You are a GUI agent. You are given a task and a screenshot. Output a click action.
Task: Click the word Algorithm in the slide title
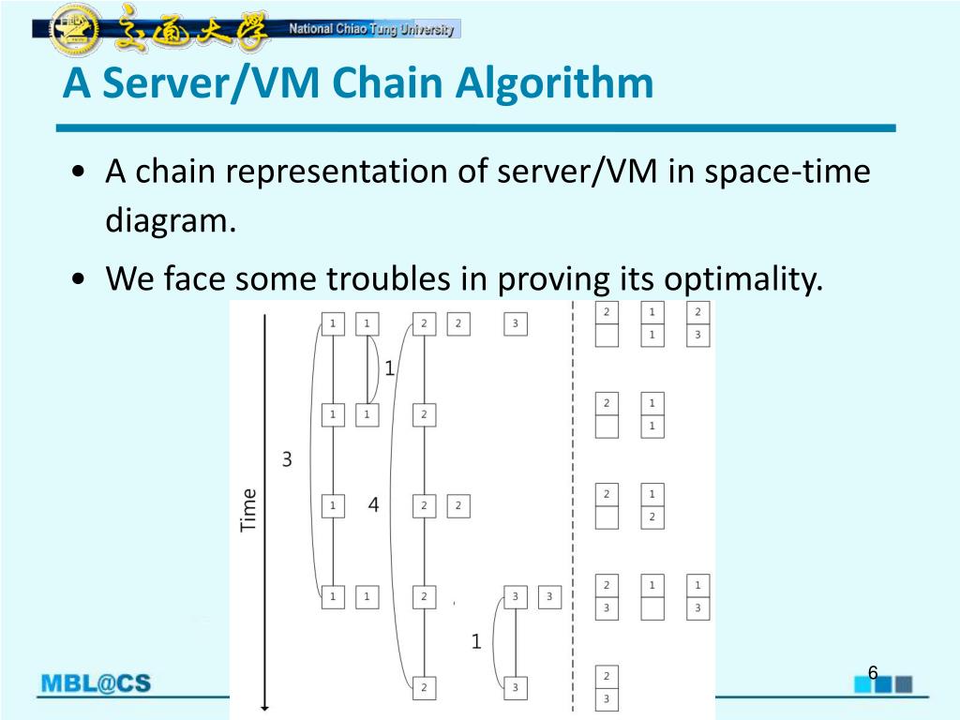(554, 84)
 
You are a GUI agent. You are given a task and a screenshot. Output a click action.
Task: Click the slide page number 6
(872, 672)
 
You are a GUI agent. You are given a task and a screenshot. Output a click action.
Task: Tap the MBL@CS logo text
(95, 683)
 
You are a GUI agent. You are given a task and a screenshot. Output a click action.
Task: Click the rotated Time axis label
(248, 510)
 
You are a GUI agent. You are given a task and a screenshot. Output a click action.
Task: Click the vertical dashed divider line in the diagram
(573, 506)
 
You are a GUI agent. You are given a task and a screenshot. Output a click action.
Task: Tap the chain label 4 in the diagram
(373, 505)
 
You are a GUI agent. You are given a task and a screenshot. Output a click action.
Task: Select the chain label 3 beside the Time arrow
(287, 459)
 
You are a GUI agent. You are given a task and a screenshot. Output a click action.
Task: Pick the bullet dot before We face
(82, 280)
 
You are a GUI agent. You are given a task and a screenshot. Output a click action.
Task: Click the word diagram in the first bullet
(167, 223)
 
